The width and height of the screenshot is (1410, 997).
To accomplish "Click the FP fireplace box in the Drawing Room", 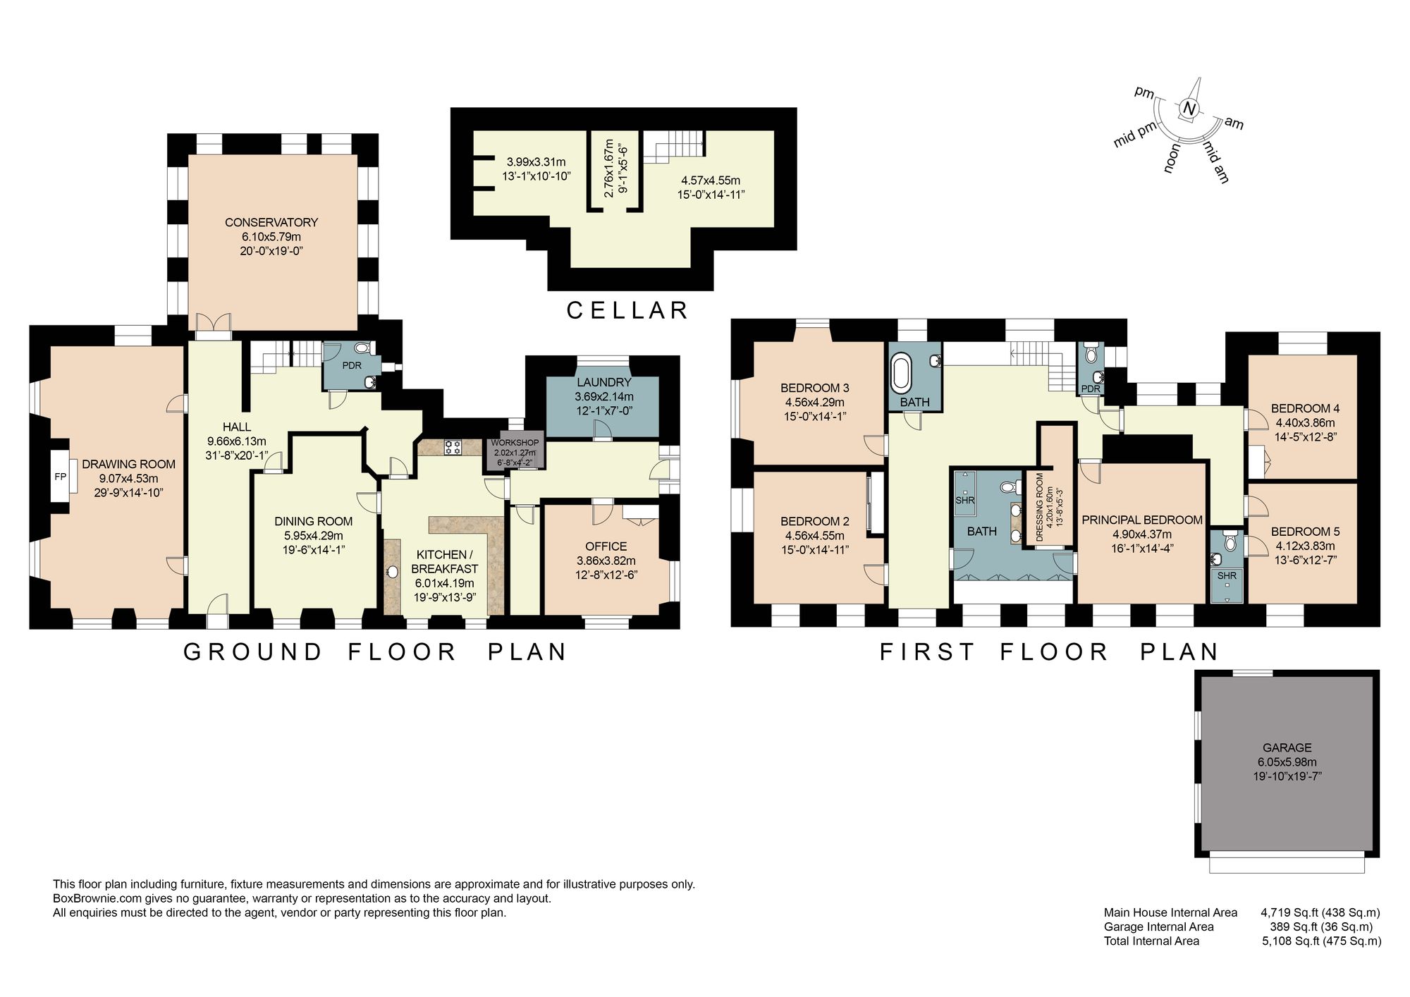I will pos(60,477).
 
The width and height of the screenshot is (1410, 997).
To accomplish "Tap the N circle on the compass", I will pos(1189,109).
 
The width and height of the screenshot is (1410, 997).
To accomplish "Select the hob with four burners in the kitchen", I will pos(453,446).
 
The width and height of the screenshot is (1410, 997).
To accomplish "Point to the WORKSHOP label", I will pos(515,443).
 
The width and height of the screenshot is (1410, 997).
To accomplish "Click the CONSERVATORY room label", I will pos(271,222).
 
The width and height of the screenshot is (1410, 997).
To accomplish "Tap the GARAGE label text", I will pos(1287,747).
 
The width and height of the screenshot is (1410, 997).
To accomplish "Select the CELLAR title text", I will pos(627,310).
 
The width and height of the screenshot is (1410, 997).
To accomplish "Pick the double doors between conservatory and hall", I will pos(213,322).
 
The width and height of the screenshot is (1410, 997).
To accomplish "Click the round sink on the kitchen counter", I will pos(393,572).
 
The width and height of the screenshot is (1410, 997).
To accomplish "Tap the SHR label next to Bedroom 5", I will pos(1227,576).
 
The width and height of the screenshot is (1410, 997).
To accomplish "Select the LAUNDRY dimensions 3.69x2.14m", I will pos(603,396).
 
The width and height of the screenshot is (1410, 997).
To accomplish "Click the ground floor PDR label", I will pos(352,366).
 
